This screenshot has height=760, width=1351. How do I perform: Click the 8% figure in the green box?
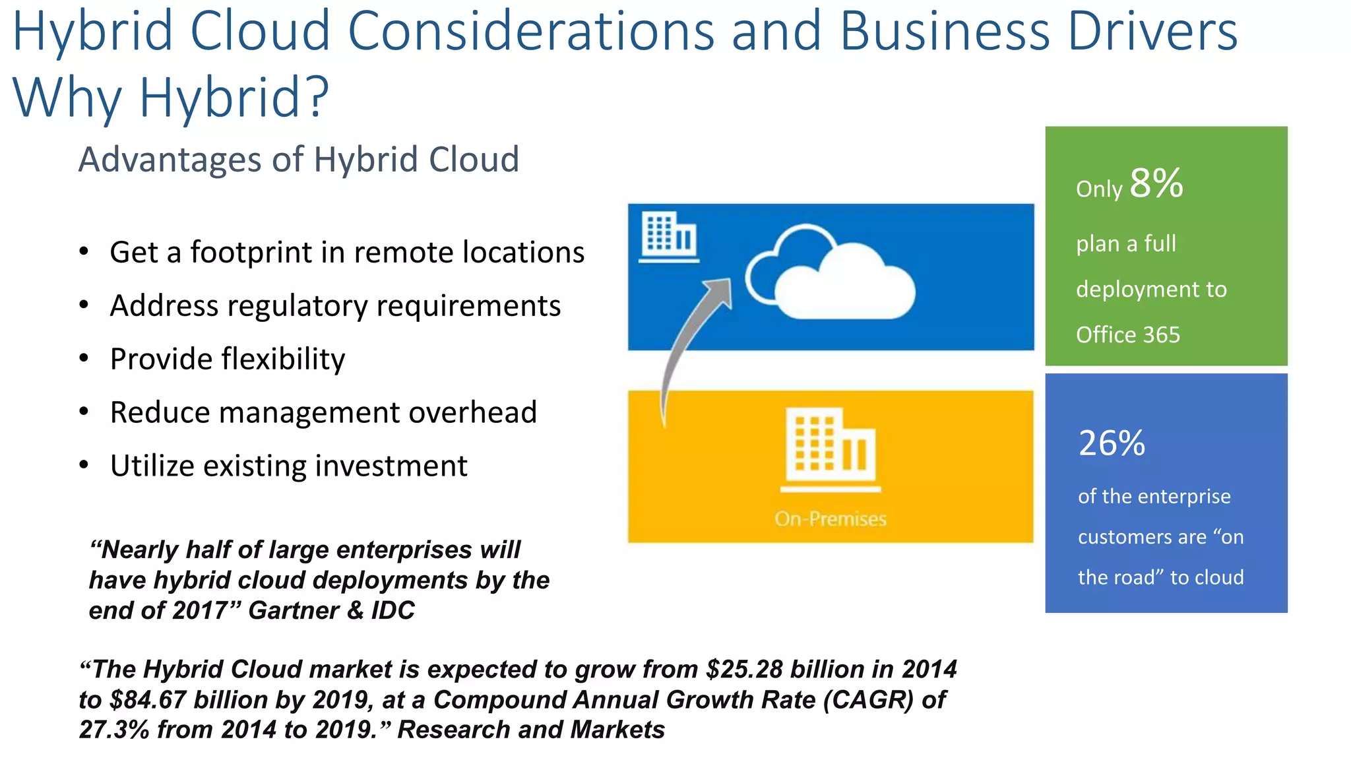(x=1156, y=183)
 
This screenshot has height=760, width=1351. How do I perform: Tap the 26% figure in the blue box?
(x=1112, y=443)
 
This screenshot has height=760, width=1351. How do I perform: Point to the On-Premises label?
(x=830, y=519)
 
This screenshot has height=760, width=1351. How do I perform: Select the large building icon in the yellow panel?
(x=831, y=449)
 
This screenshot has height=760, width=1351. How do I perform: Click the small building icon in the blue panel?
(x=669, y=236)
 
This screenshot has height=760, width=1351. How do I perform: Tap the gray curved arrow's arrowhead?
(x=721, y=290)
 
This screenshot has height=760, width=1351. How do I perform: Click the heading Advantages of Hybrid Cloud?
(x=299, y=160)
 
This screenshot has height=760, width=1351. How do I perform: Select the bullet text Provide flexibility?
(x=227, y=360)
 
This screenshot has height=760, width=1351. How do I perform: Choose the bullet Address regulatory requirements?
(x=335, y=306)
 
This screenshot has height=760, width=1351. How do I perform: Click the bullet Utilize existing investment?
(x=288, y=466)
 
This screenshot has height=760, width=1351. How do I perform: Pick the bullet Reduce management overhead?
(x=323, y=413)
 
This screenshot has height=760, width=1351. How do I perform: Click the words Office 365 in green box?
(x=1127, y=335)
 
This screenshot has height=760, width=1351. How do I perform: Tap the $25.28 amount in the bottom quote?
(x=743, y=670)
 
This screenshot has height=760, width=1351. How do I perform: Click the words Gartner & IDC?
(x=331, y=611)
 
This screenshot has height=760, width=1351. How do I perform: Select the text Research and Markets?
(x=531, y=730)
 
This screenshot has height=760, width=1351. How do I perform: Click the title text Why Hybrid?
(x=170, y=97)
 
